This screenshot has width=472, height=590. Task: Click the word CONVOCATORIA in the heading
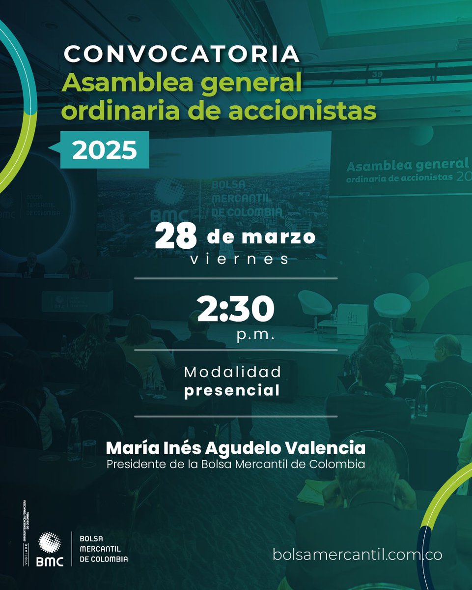[181, 54]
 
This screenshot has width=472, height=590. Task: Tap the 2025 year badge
[104, 150]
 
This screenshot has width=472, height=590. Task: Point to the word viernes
[239, 260]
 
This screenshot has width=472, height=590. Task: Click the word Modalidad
[233, 372]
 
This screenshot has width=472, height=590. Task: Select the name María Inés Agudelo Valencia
[236, 448]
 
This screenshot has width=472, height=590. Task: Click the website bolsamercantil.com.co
[358, 555]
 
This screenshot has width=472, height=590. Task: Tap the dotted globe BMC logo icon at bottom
[50, 544]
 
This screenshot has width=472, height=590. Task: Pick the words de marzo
[261, 237]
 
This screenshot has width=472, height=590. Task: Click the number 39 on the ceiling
[377, 74]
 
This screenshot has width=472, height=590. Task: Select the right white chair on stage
[391, 305]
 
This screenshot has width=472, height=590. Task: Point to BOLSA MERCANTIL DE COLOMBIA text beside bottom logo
[104, 548]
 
